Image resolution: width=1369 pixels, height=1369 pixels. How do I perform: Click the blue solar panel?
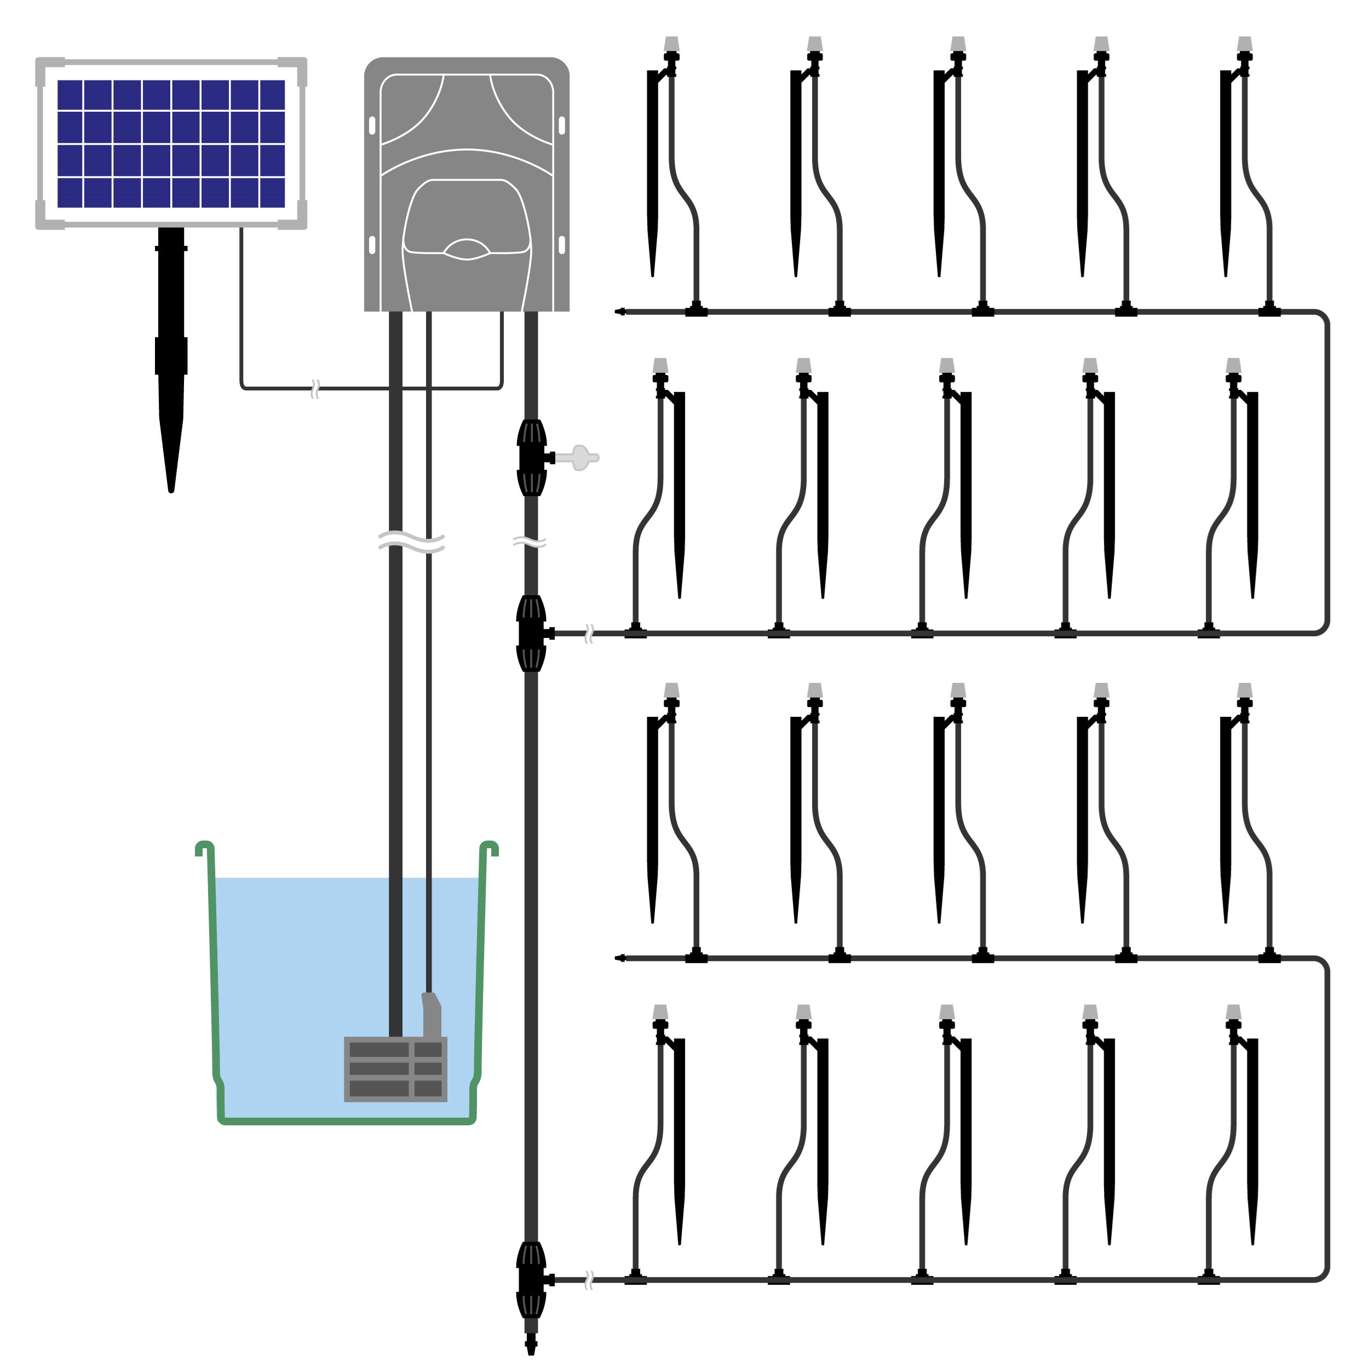click(171, 144)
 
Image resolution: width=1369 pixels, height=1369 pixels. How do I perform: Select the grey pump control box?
click(466, 184)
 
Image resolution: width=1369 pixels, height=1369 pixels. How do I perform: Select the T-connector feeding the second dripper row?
click(531, 634)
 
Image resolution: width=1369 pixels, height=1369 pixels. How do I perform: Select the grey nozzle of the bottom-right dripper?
click(1234, 1012)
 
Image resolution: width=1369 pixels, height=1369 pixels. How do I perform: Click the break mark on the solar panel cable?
click(315, 388)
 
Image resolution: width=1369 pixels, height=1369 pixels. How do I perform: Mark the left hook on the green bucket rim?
click(204, 848)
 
